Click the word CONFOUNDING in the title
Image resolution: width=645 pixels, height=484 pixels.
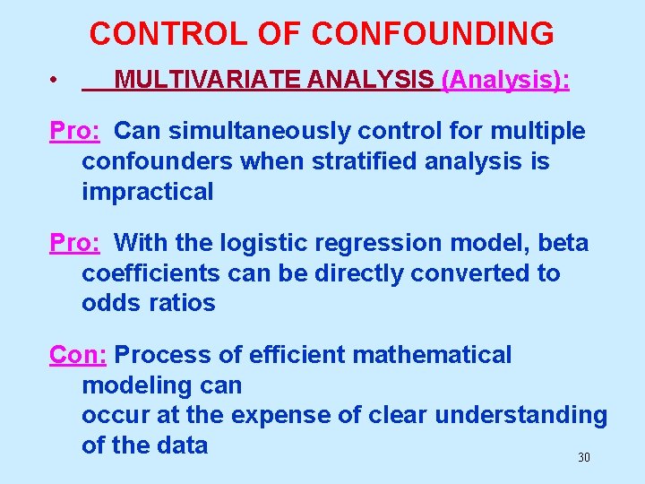point(433,33)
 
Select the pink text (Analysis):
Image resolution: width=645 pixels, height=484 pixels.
point(506,81)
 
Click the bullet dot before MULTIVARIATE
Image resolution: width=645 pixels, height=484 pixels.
point(55,82)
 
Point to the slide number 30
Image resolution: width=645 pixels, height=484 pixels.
point(584,457)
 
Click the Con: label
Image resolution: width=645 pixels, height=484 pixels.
point(78,355)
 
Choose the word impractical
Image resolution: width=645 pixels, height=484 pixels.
point(148,192)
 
